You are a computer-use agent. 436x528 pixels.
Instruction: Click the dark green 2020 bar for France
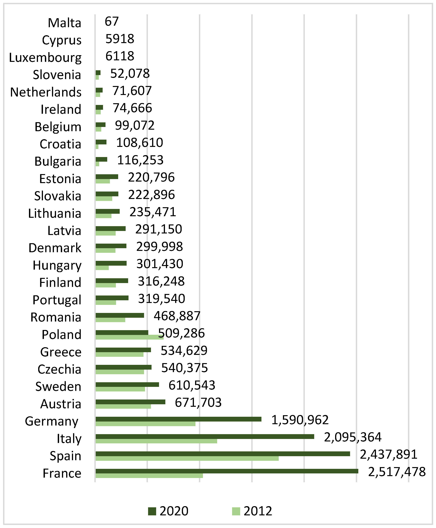(227, 471)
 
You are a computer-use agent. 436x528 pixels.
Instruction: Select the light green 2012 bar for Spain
(187, 458)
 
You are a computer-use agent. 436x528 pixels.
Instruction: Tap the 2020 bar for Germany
(178, 419)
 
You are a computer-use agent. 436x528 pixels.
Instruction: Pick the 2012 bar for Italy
(156, 441)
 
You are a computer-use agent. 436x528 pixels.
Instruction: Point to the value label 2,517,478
(397, 472)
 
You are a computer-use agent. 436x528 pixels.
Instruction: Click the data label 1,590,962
(300, 420)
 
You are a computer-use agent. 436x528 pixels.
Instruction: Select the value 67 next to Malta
(111, 22)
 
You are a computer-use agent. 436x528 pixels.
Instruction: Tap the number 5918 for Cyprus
(120, 39)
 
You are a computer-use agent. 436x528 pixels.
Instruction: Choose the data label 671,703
(198, 402)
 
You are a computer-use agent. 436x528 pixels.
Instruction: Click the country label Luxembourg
(45, 58)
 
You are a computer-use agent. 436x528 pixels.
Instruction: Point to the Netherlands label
(46, 92)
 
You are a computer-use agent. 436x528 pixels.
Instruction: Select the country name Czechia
(59, 369)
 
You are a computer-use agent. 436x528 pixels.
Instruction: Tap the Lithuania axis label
(54, 214)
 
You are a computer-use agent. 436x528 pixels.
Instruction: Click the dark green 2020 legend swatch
(152, 511)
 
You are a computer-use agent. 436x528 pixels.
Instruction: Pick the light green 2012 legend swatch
(236, 511)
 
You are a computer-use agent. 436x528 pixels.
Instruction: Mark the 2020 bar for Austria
(130, 402)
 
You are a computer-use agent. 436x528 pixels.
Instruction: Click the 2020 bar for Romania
(120, 315)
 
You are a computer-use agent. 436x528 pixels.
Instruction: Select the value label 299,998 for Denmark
(159, 247)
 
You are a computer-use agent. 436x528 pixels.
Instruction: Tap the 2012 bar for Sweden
(120, 389)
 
